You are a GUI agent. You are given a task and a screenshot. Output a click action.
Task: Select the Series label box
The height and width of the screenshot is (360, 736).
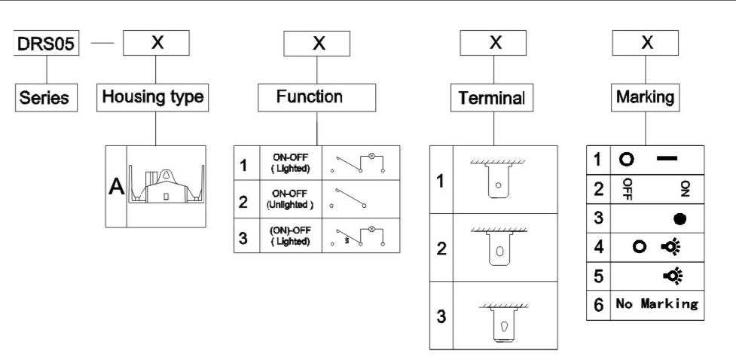[47, 98]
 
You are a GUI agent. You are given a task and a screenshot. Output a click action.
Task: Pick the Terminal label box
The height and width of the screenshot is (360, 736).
[493, 99]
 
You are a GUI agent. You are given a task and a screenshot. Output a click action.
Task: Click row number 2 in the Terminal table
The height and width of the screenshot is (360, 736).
[441, 249]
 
